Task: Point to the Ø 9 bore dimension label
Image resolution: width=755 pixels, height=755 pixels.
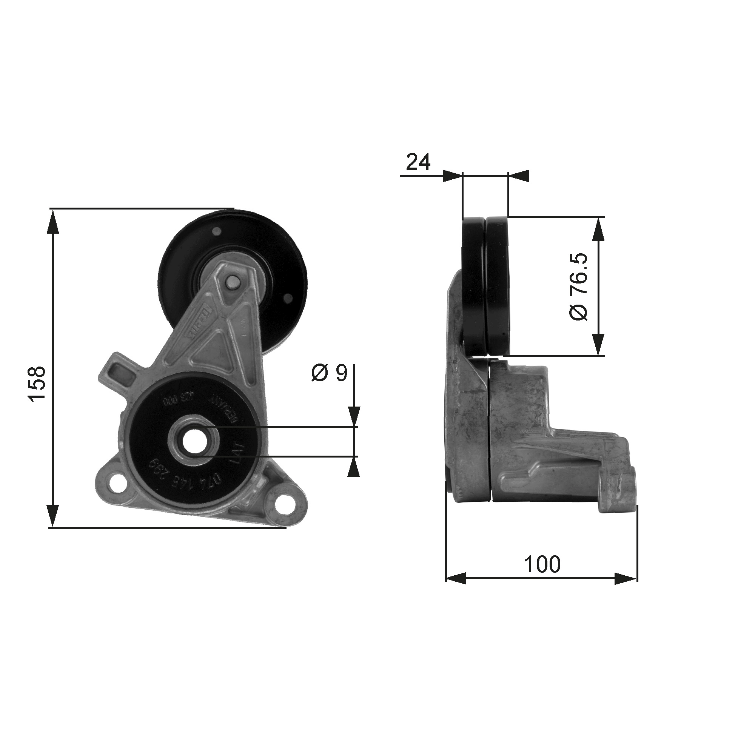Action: [x=329, y=373]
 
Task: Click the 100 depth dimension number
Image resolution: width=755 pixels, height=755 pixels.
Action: [x=542, y=564]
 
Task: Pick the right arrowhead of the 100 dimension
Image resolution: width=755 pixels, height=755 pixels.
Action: [x=626, y=579]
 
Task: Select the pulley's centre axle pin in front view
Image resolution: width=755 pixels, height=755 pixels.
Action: [x=233, y=282]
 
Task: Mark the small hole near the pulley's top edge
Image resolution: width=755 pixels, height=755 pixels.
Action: [x=216, y=231]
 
